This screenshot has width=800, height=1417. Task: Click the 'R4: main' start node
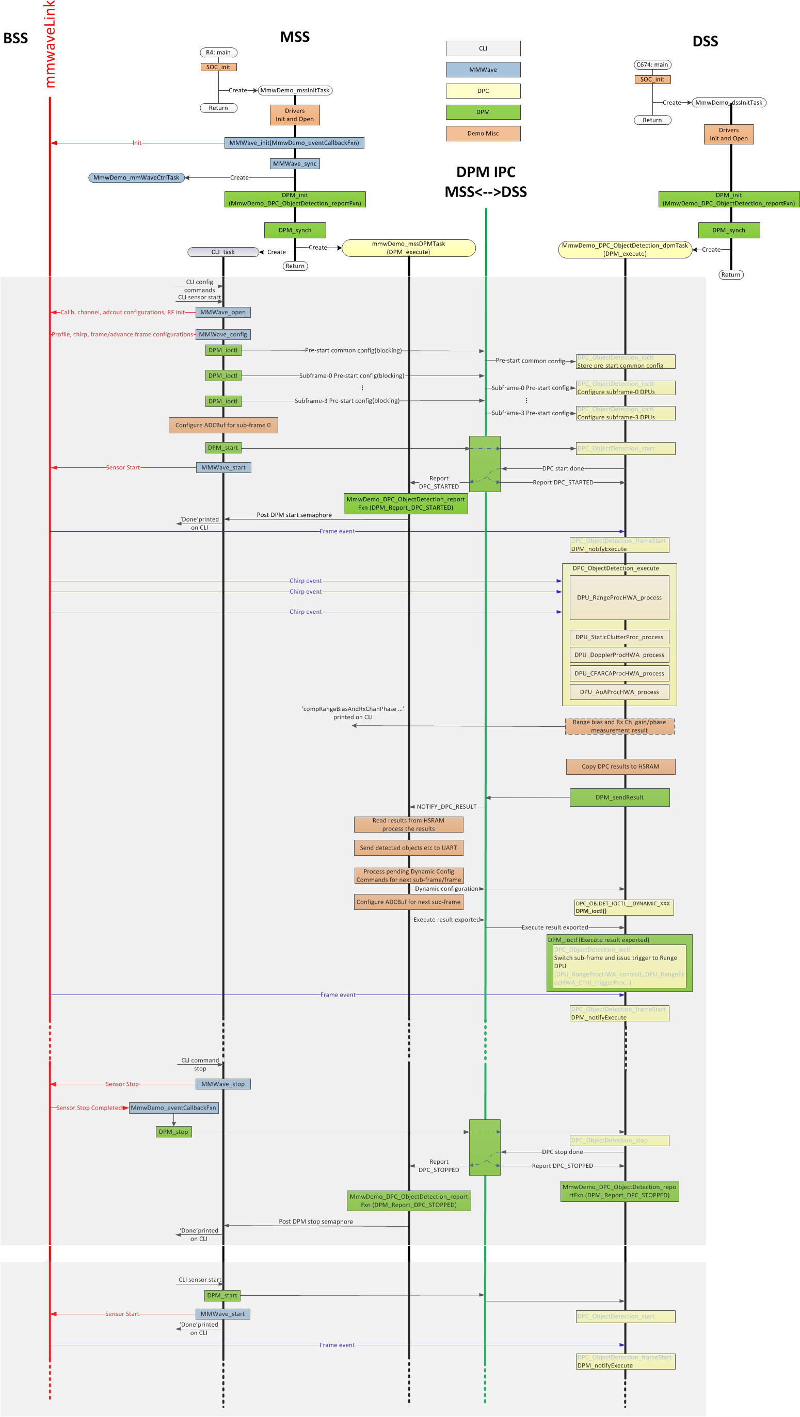(218, 53)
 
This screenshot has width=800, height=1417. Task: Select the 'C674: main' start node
(652, 65)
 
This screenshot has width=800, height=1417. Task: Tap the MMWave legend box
(483, 70)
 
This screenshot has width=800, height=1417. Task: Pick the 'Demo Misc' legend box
(483, 134)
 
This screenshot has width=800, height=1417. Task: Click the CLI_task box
(223, 252)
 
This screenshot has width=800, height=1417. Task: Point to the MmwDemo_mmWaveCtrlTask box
(136, 177)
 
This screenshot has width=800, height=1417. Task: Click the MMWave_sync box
(294, 164)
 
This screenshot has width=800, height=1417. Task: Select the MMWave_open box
(223, 313)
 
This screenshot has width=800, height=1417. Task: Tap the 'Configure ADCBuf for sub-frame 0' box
(223, 425)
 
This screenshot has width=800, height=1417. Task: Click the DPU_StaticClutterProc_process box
(619, 637)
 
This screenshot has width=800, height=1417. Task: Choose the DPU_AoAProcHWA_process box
(619, 692)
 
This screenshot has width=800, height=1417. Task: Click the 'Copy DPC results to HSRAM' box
(620, 766)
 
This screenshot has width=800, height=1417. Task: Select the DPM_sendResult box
(619, 797)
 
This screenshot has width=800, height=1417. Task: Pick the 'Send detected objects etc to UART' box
(408, 848)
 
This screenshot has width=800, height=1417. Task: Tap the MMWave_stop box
(223, 1084)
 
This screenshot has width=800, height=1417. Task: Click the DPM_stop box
(173, 1132)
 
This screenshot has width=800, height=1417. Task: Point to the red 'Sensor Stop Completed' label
(89, 1108)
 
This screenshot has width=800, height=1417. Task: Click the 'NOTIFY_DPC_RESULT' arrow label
(446, 806)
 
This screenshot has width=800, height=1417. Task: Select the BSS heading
(15, 39)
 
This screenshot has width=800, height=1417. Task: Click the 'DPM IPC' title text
(485, 172)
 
